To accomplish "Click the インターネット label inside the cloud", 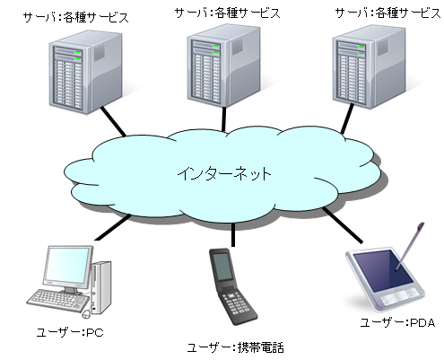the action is (x=224, y=174).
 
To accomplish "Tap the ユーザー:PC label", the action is (x=70, y=332).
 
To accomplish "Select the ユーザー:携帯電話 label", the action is (x=235, y=347).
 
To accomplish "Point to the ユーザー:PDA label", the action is (x=397, y=322).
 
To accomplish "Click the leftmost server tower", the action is (x=85, y=72).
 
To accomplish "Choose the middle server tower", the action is (x=223, y=66).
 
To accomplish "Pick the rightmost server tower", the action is (x=369, y=66).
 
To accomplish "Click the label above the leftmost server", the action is (x=76, y=17).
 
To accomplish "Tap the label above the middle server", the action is (x=227, y=13).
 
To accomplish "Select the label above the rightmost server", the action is (x=387, y=13).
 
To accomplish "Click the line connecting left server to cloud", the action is (x=113, y=121).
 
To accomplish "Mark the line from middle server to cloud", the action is (x=223, y=119).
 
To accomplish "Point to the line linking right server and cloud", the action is (x=347, y=119).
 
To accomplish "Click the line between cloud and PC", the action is (x=113, y=227).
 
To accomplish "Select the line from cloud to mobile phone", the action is (x=233, y=235).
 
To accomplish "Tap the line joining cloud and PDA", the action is (x=343, y=224).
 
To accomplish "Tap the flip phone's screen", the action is (x=222, y=267).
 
